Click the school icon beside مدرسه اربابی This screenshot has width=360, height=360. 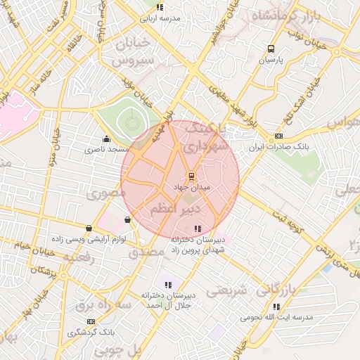tap(160, 7)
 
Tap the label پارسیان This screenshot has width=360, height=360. tap(271, 60)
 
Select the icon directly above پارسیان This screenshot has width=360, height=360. tap(271, 49)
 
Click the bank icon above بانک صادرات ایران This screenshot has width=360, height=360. tap(279, 136)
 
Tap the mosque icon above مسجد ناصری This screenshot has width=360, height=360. tap(106, 139)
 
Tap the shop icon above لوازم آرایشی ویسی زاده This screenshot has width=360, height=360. tap(89, 229)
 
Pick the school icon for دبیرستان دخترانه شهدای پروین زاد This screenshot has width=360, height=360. tap(197, 229)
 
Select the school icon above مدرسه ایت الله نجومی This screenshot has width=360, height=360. tap(276, 307)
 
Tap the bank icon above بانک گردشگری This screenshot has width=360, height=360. tap(91, 321)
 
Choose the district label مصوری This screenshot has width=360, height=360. tap(103, 192)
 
